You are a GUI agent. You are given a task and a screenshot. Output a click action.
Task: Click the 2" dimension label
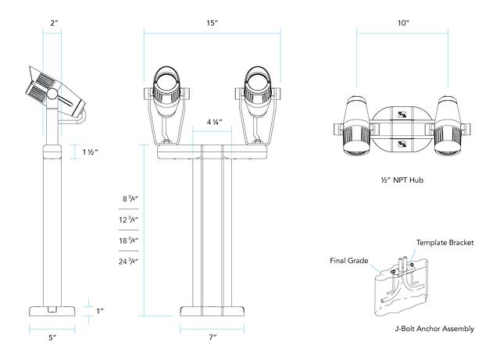click(52, 23)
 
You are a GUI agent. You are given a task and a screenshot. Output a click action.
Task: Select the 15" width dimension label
click(212, 23)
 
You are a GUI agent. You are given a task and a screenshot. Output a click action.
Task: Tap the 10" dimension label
click(402, 23)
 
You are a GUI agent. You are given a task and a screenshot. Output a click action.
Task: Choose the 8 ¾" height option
click(130, 200)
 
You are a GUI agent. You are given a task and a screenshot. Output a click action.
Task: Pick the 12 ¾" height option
click(130, 220)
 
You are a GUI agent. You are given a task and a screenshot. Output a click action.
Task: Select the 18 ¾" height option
click(130, 241)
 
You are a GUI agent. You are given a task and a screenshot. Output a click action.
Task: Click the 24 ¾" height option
click(130, 261)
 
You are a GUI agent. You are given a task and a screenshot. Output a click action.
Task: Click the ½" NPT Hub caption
click(402, 180)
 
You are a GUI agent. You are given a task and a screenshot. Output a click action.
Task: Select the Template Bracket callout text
click(445, 242)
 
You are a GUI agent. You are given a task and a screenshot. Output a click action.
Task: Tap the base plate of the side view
click(53, 309)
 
